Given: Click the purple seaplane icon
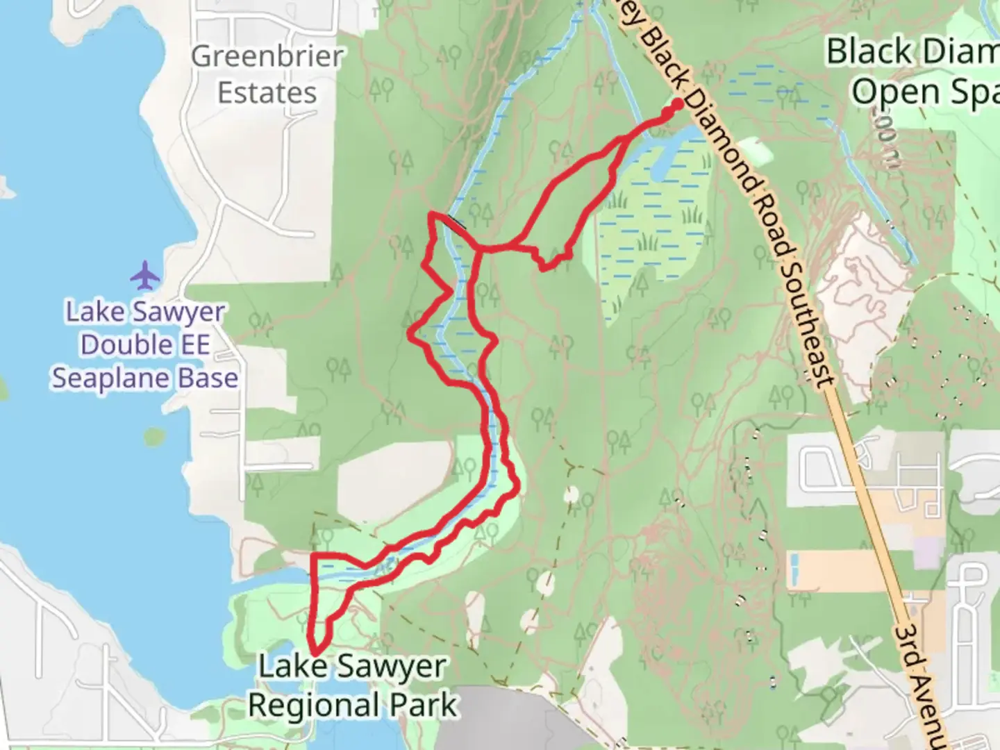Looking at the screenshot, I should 145,275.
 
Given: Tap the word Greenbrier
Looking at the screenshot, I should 267,57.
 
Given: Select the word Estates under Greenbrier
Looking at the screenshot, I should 267,93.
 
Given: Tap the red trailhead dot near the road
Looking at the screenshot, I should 676,102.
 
